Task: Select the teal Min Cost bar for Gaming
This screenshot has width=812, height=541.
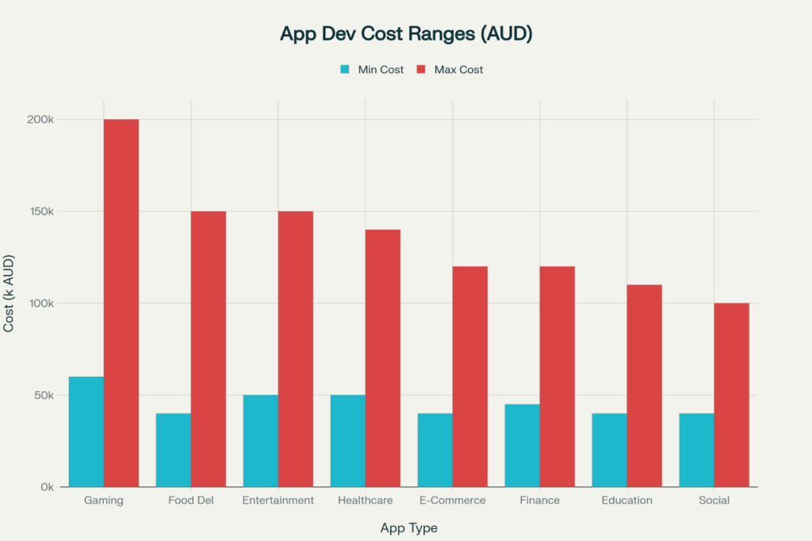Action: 86,432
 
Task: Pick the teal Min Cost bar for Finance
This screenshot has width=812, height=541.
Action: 522,446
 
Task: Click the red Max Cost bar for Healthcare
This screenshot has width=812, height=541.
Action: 382,358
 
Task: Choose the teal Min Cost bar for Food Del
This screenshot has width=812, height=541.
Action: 173,450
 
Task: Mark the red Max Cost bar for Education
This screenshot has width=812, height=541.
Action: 644,386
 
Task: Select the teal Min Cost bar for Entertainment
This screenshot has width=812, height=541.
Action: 260,441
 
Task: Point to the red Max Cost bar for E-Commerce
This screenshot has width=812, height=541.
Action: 469,377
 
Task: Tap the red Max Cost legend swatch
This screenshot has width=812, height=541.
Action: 421,70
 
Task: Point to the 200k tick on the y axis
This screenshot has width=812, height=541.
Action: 40,120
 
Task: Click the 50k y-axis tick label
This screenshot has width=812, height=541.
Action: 42,395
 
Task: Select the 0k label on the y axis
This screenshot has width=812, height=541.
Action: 45,487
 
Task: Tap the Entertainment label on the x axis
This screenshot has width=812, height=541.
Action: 278,501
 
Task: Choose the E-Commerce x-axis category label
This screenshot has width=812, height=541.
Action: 452,501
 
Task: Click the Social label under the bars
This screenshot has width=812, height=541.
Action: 714,501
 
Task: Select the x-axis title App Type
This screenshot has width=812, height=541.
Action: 408,528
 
